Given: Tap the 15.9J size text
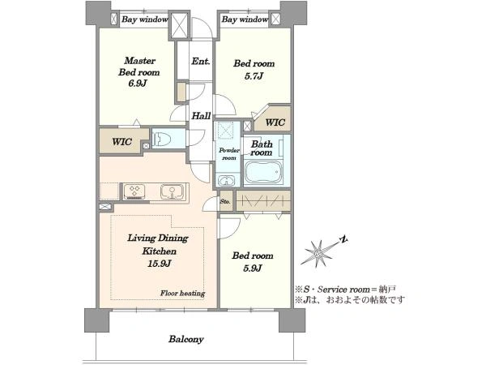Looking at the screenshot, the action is (x=159, y=264).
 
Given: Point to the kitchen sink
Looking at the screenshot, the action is (x=172, y=191).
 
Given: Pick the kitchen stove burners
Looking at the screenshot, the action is (x=134, y=191).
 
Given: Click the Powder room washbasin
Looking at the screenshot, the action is (x=227, y=180).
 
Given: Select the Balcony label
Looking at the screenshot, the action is (x=186, y=339).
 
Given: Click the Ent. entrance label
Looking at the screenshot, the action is (x=201, y=61).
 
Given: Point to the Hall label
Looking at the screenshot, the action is (x=201, y=116).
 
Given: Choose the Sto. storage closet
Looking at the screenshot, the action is (x=226, y=201).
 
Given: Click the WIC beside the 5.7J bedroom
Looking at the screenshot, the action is (x=275, y=122).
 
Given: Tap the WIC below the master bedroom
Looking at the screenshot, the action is (x=122, y=142).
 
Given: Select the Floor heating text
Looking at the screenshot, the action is (x=182, y=294).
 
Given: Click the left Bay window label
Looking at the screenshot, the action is (x=145, y=19).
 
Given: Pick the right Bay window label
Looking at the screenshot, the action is (x=245, y=19).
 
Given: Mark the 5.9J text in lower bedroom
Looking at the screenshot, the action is (x=253, y=268).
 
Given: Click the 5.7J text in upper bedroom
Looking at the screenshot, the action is (x=254, y=76).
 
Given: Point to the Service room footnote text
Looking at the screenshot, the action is (x=345, y=290).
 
